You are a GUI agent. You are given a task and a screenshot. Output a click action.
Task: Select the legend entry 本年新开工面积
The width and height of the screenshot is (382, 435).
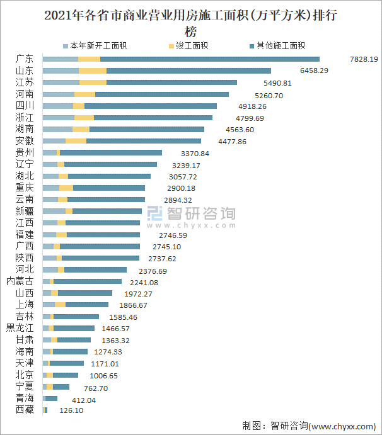pos(94,46)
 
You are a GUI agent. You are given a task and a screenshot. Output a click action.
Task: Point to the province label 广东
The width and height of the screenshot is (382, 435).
pos(25,59)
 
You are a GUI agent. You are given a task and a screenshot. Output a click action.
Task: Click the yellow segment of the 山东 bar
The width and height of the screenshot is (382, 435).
pos(92,71)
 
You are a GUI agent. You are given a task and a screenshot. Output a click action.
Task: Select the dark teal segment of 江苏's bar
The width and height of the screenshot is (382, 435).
pos(171,82)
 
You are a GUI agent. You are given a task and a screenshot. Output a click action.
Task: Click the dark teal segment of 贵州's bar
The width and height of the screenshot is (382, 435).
pos(111,152)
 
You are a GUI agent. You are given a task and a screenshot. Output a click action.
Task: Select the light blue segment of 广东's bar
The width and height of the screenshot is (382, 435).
pos(61,59)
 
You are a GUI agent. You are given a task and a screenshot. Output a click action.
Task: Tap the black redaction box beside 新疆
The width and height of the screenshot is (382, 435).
pos(191,217)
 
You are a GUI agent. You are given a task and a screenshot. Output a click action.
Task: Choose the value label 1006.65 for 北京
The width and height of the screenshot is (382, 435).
pos(101,376)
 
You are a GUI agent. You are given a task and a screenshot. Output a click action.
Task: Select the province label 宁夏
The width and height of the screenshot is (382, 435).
pos(25,386)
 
